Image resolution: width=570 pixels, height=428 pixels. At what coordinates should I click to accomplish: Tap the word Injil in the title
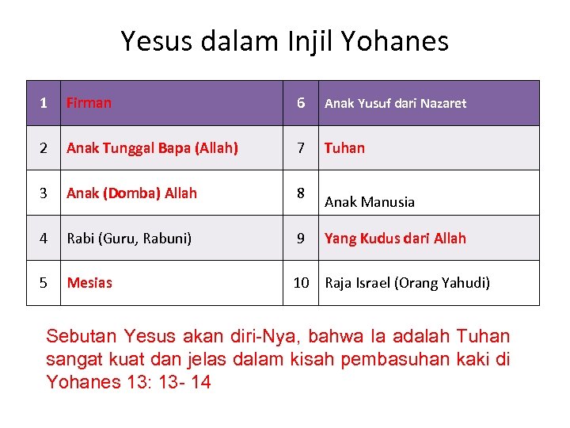pos(325,40)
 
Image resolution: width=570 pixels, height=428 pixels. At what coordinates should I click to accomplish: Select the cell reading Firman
pos(89,102)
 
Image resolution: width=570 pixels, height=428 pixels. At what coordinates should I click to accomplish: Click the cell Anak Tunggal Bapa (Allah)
pos(152,147)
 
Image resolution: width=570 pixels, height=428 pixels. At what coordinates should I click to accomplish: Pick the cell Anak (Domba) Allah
pos(131,193)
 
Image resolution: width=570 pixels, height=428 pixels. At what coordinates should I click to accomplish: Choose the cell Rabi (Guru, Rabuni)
pos(129,238)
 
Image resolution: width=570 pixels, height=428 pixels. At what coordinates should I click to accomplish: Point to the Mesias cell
pos(89,282)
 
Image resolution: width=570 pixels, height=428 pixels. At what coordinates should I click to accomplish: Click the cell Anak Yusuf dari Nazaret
pos(395,103)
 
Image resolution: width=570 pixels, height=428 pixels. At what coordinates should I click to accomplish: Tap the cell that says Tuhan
pos(344,147)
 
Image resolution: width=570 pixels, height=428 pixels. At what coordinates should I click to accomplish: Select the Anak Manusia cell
pos(369,201)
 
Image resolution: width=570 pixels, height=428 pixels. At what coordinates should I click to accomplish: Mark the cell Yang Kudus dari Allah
pos(395,238)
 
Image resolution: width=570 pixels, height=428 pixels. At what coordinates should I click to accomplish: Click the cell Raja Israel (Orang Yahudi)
pos(407,282)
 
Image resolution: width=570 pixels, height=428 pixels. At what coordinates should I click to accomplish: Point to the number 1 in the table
pos(44,102)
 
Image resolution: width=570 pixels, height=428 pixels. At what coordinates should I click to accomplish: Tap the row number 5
pos(44,282)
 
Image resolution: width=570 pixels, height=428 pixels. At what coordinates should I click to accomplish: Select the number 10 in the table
pos(301,282)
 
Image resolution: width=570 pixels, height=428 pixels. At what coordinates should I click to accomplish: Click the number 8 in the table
pos(301,193)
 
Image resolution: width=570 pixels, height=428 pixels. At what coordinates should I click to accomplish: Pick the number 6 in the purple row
pos(301,102)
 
